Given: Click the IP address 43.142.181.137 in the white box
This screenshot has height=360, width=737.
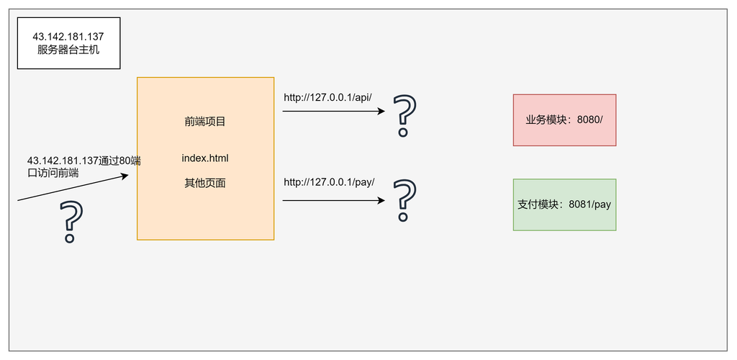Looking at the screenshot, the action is coord(68,37).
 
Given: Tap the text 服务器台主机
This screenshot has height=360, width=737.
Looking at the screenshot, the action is coord(68,50).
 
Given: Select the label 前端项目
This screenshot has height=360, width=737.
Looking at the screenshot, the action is coord(205,122).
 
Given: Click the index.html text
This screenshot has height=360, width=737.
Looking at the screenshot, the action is coord(205,158).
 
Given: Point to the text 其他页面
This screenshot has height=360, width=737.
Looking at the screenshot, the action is coord(205,184).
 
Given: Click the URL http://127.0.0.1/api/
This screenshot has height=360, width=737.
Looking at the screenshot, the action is coord(327,98).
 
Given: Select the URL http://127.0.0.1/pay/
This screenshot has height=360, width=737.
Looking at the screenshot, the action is coord(329,182).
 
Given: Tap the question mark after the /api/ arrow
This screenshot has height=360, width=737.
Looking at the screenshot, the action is coord(404,116).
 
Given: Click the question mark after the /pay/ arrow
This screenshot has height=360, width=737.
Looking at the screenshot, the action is coord(404,200).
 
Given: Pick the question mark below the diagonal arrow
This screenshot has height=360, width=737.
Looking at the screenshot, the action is coord(71,222).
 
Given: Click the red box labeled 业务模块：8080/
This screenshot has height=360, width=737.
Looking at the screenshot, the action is coord(564,120).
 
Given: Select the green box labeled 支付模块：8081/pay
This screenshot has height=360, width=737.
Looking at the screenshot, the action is coord(564,204).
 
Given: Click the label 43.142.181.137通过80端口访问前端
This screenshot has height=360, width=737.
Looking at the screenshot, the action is coord(83,167).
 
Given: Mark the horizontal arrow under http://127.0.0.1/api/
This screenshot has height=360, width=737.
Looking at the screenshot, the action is coord(334,112).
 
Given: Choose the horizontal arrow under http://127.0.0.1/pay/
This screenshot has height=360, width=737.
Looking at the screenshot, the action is coord(334,201).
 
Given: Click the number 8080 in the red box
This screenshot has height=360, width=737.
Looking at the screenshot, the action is coord(587,120).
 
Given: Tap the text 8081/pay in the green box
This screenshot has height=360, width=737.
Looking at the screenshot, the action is coord(589,205).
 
